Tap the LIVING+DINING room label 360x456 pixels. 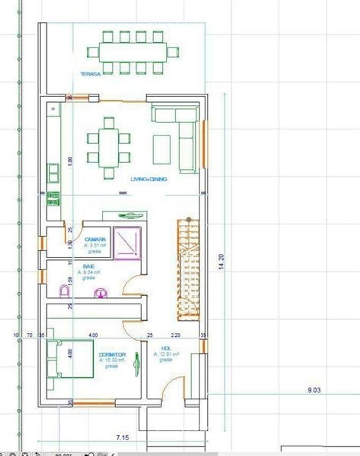[149, 179]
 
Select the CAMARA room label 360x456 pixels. [95, 239]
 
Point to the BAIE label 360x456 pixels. [89, 265]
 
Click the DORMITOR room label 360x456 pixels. [113, 355]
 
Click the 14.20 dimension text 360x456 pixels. [221, 261]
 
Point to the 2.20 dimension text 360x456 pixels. [175, 335]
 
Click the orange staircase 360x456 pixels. [188, 270]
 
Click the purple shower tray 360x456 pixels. [127, 244]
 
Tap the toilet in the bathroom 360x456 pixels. [64, 291]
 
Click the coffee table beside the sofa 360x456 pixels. [162, 149]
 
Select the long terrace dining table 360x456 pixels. [133, 52]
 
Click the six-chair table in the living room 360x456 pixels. [109, 148]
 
